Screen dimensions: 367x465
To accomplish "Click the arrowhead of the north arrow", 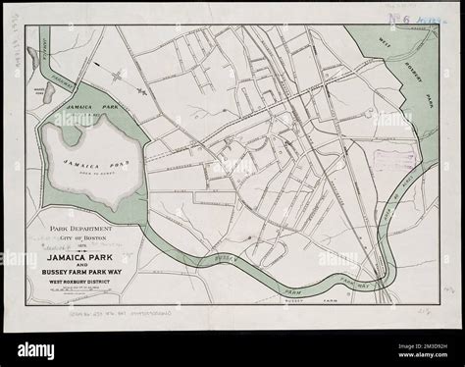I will [x=102, y=72].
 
